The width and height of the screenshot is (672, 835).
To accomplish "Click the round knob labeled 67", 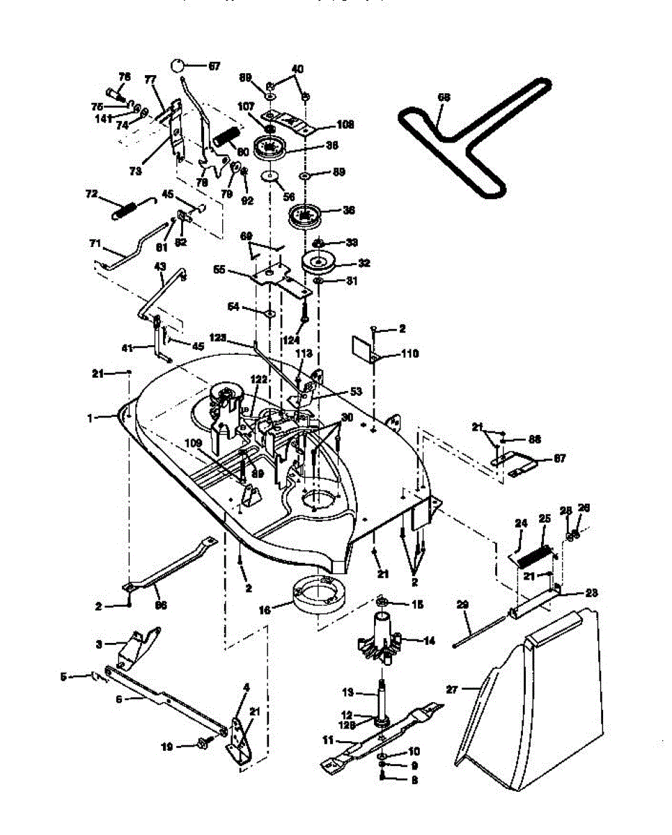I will [179, 65].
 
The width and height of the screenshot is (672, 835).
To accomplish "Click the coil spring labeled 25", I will [537, 558].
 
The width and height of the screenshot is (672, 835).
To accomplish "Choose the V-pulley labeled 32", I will [318, 264].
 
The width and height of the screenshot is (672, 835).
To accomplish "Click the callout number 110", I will [409, 354].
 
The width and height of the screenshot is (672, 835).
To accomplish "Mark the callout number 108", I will [345, 125].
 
